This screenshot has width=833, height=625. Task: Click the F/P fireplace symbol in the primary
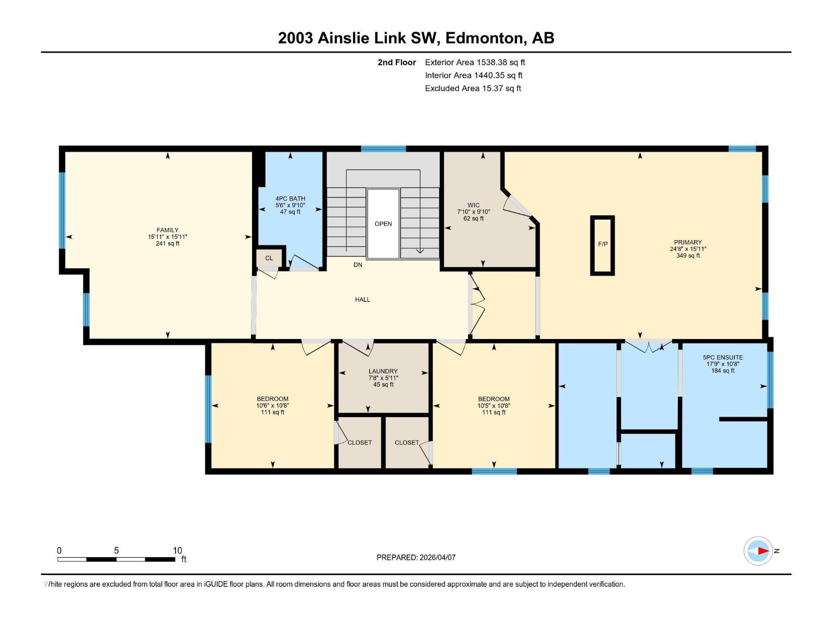click(602, 244)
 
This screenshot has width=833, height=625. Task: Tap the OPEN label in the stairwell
click(383, 224)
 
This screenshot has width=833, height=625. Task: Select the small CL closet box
click(269, 258)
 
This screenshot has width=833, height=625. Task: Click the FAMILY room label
click(167, 230)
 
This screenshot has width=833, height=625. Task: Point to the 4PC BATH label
click(290, 198)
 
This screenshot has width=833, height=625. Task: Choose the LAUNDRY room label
click(383, 371)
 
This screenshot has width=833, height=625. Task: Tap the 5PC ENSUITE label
click(723, 357)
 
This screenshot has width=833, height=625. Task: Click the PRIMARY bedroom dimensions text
click(688, 249)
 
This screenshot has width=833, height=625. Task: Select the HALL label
click(362, 299)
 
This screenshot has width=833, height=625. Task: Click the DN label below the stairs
click(358, 265)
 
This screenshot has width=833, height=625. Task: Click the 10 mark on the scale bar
click(178, 551)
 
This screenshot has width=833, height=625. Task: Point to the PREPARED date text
click(416, 557)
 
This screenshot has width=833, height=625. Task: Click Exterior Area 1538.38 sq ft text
click(475, 63)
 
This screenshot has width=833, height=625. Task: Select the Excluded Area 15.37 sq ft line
click(473, 89)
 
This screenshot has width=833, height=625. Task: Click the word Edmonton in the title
click(484, 38)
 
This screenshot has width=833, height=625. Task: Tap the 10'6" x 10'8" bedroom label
click(272, 406)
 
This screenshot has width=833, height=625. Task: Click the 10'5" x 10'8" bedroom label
click(494, 406)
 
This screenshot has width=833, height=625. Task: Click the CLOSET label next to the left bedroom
click(360, 443)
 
